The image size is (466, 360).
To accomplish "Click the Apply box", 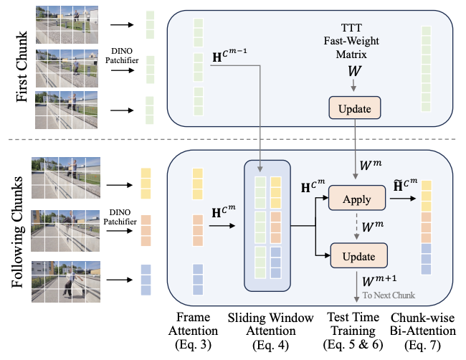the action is (x=356, y=198).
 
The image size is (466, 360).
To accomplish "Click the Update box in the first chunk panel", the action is (x=355, y=108).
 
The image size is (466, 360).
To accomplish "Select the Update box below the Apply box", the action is (x=358, y=255).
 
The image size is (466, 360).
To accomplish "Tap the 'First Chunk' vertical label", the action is (x=22, y=67).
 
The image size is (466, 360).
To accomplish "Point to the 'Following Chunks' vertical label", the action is (x=17, y=232).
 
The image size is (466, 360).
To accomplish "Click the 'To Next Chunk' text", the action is (x=389, y=295).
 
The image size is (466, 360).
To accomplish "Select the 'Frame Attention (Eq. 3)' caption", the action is (x=193, y=331).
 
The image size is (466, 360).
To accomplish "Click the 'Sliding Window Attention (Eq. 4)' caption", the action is (x=270, y=331).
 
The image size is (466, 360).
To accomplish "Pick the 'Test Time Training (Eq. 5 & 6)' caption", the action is (x=353, y=331).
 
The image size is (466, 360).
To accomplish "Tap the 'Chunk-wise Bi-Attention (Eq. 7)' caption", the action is (x=422, y=331).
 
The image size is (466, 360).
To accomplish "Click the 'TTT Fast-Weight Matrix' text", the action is (x=351, y=41).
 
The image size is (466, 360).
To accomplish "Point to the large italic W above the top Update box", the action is (x=354, y=71).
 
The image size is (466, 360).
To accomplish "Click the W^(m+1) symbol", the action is (x=379, y=280).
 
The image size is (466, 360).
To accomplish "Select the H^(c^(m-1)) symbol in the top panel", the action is (x=229, y=55).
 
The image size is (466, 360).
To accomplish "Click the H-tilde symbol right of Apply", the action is (x=405, y=186).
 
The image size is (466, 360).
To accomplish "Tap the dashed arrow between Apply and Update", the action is (x=356, y=226).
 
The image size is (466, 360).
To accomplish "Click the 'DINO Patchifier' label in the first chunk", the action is (x=122, y=56).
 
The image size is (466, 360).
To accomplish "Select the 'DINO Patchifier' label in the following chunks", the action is (x=120, y=217).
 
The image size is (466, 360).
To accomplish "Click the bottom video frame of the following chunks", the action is (x=66, y=282).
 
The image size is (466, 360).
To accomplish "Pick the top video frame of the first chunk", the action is (x=67, y=24).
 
